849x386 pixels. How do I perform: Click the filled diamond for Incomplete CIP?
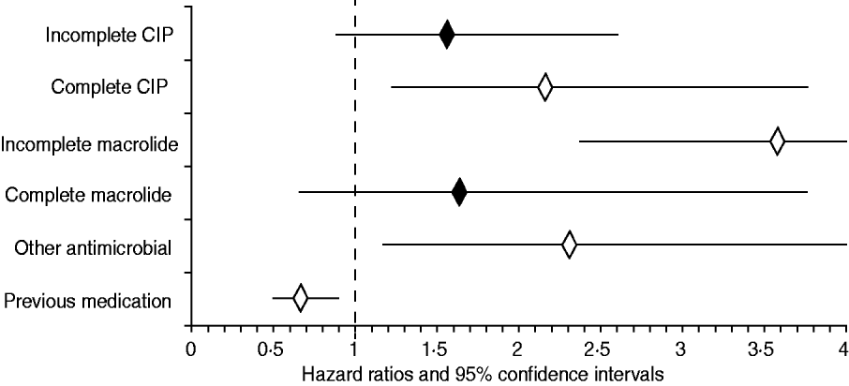tap(447, 35)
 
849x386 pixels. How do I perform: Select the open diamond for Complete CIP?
tap(544, 88)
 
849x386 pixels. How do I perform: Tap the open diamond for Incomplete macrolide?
tap(777, 141)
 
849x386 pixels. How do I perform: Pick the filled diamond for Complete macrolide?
tap(459, 194)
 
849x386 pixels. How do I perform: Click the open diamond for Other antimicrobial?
tap(569, 246)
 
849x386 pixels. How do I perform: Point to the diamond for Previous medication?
tap(300, 299)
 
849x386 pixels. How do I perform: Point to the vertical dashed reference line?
tap(354, 169)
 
